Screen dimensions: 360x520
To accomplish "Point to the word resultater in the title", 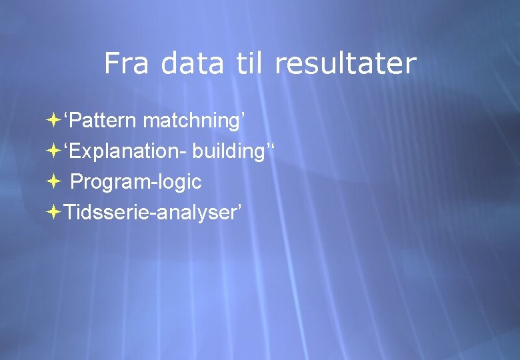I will (345, 64).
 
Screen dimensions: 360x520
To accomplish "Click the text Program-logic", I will (136, 181).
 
